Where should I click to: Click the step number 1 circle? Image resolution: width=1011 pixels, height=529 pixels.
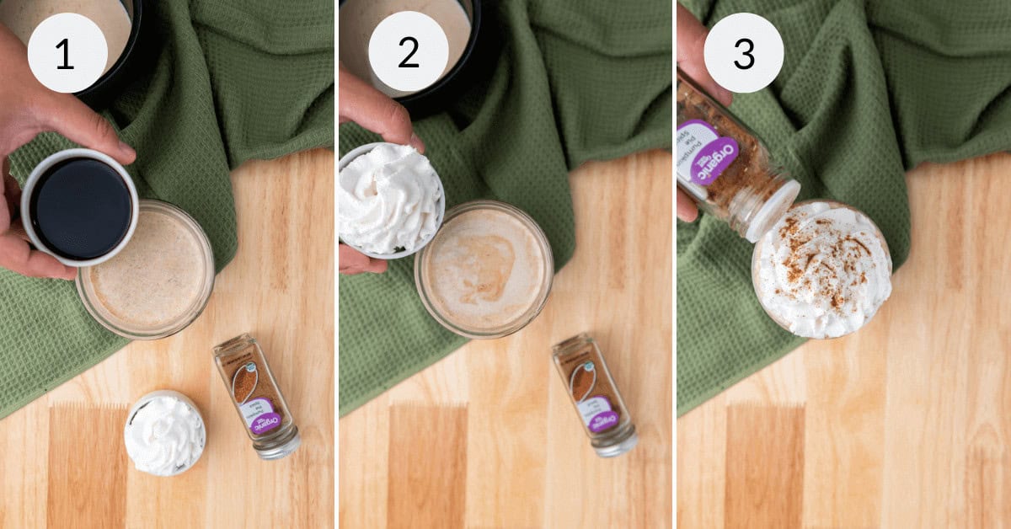click(67, 52)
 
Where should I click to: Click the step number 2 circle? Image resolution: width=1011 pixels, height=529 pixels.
click(408, 52)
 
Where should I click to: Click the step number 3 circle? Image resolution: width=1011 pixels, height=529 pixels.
click(743, 52)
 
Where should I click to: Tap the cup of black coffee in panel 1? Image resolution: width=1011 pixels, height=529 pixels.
click(80, 207)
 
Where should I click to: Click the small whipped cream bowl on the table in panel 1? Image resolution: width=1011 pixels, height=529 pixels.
click(165, 433)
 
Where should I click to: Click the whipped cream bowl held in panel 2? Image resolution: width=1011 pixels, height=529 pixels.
click(390, 199)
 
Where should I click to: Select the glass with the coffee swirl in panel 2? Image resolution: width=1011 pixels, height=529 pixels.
click(484, 268)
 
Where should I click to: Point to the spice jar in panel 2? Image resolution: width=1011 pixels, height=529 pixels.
click(594, 393)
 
